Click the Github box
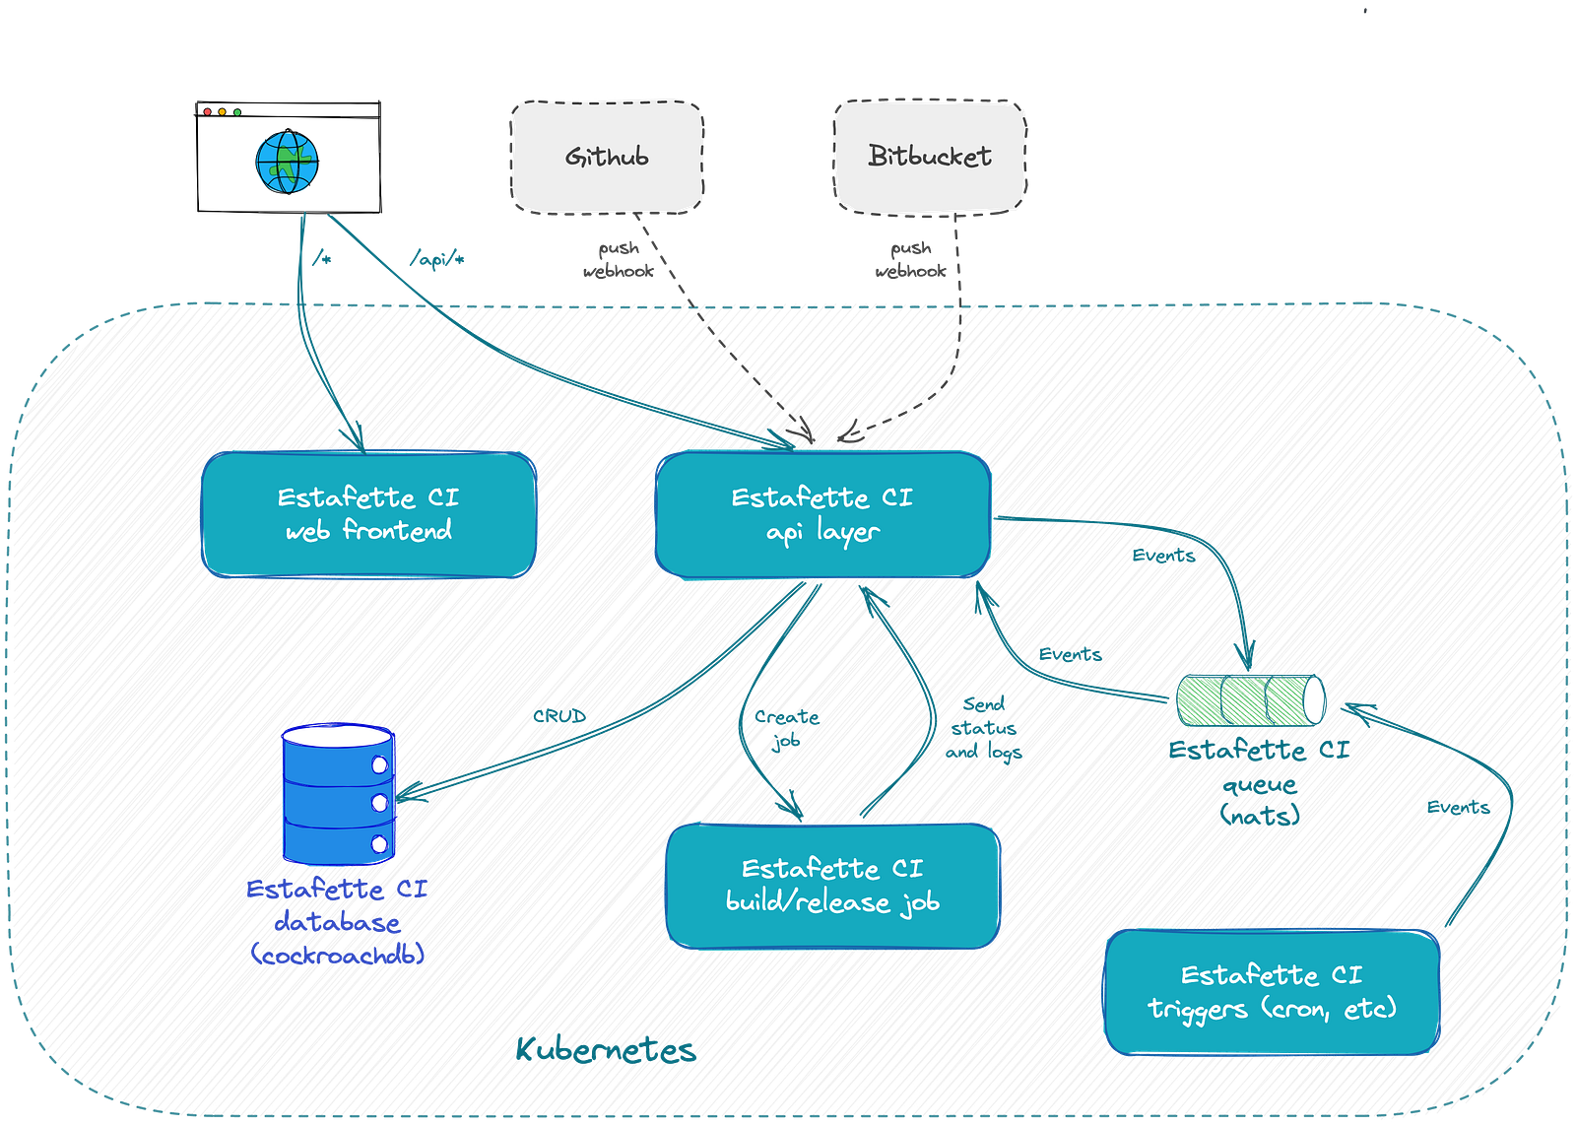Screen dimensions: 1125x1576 [x=607, y=156]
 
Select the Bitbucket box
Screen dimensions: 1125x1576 [x=929, y=156]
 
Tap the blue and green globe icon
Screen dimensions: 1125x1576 [x=286, y=163]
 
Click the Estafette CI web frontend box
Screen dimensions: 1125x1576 [x=368, y=514]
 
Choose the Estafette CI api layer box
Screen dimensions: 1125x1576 [x=821, y=514]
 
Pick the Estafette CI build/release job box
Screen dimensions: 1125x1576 [x=832, y=886]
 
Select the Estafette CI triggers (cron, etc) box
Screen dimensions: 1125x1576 [x=1272, y=992]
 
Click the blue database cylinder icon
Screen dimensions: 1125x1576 [x=339, y=794]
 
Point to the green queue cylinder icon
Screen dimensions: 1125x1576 [x=1250, y=699]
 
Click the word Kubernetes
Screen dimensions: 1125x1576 [x=605, y=1050]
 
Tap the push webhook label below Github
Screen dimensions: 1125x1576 [x=619, y=261]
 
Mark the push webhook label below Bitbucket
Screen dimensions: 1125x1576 [x=910, y=261]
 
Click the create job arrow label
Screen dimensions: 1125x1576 [x=787, y=728]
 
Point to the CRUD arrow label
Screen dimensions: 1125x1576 [x=559, y=715]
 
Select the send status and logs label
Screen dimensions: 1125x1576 [x=984, y=729]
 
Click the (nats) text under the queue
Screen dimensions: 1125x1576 [x=1260, y=815]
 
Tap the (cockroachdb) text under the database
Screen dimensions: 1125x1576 [x=338, y=954]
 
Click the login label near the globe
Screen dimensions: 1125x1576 [x=435, y=258]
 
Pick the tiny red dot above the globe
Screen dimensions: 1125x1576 [x=207, y=112]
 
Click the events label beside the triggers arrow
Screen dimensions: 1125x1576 [x=1458, y=808]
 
